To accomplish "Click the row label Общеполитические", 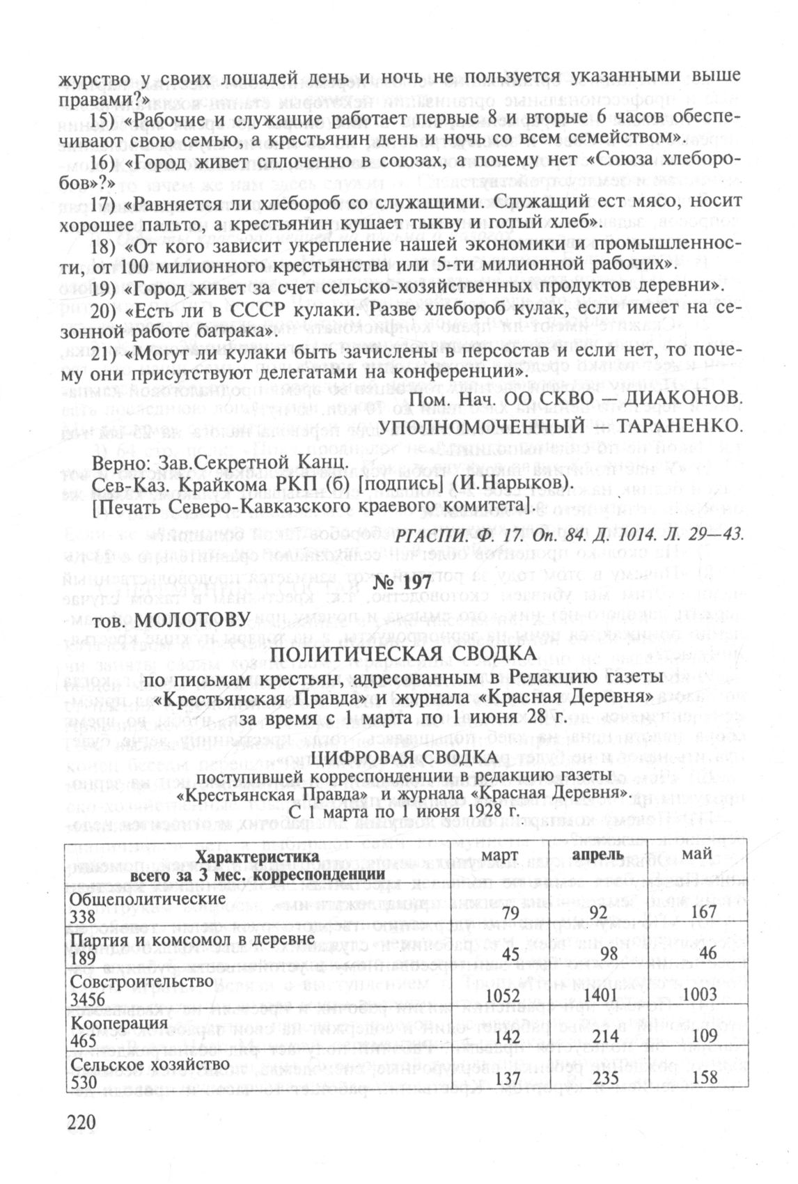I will pyautogui.click(x=148, y=898).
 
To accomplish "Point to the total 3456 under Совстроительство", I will pyautogui.click(x=88, y=999).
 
